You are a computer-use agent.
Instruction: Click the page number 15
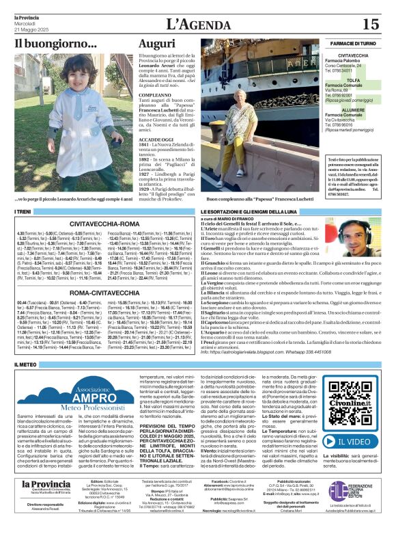click(x=370, y=25)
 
